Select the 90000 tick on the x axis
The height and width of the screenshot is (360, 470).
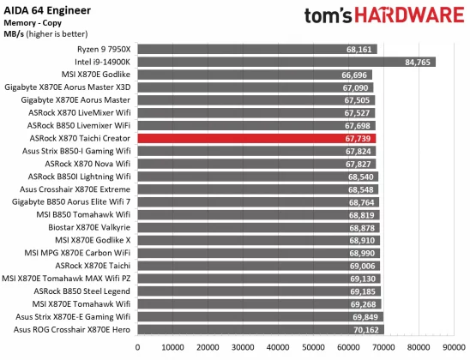[x=453, y=347]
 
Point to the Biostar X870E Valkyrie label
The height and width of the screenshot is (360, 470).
[x=91, y=227]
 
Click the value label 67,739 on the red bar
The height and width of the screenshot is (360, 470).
[x=359, y=137]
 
